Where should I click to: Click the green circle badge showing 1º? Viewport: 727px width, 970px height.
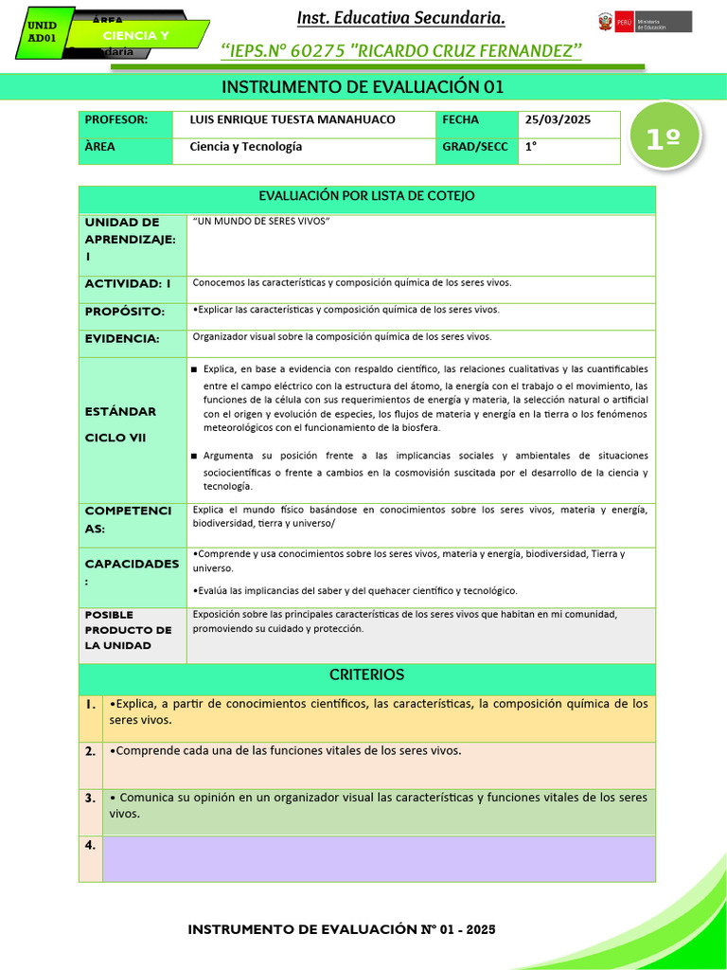[x=665, y=138]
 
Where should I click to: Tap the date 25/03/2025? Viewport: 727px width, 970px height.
[x=558, y=120]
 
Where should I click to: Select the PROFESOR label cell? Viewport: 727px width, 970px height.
[x=116, y=120]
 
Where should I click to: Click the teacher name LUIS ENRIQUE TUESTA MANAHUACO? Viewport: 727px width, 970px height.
[x=293, y=120]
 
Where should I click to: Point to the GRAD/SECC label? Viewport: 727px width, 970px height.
[x=474, y=148]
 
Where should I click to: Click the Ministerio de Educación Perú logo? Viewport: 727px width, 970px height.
[x=644, y=22]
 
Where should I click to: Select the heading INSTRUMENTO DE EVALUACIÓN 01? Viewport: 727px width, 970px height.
[x=363, y=87]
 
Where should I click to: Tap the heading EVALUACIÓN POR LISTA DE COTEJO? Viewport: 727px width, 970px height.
[x=366, y=196]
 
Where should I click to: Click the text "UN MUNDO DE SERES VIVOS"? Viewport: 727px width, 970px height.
[x=260, y=222]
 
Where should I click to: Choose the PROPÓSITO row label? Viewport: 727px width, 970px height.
[x=125, y=312]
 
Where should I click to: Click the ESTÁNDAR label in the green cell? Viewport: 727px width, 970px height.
[x=120, y=412]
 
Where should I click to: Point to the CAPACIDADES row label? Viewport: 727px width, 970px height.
[x=132, y=564]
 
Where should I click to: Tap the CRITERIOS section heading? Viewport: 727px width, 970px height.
[x=366, y=675]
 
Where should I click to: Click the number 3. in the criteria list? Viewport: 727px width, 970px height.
[x=90, y=799]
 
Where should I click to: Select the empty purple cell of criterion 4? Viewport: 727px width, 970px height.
[x=378, y=858]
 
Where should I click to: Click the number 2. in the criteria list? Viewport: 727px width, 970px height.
[x=90, y=751]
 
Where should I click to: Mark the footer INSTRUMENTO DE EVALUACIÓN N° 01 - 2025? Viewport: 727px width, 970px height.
[x=342, y=929]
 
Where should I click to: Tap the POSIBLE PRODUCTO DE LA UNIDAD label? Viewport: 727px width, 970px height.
[x=129, y=630]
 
